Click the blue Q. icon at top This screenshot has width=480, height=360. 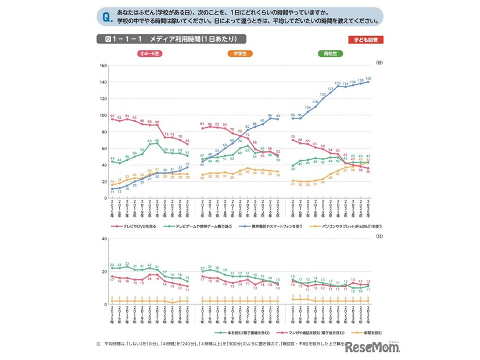106,16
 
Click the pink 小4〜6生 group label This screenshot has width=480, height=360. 149,54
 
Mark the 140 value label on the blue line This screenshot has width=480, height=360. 368,78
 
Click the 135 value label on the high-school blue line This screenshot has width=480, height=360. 338,83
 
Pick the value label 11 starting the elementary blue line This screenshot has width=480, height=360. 112,191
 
